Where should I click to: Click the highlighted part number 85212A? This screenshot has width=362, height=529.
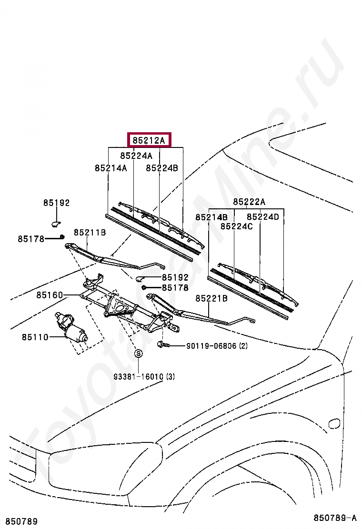pyautogui.click(x=149, y=140)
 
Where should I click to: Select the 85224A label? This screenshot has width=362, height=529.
pyautogui.click(x=136, y=156)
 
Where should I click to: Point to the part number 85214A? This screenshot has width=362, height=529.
pyautogui.click(x=111, y=168)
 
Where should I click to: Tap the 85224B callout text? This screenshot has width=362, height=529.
pyautogui.click(x=161, y=168)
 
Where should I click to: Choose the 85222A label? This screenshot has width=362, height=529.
pyautogui.click(x=249, y=202)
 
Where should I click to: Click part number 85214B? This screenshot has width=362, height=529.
pyautogui.click(x=211, y=217)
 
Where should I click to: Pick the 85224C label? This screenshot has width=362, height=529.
pyautogui.click(x=236, y=226)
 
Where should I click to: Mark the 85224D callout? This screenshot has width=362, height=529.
pyautogui.click(x=262, y=217)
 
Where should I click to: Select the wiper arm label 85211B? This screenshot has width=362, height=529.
pyautogui.click(x=90, y=233)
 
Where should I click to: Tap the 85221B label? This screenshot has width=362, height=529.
pyautogui.click(x=211, y=298)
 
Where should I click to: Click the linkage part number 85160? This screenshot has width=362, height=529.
pyautogui.click(x=49, y=295)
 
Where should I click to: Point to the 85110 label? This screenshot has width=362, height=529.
pyautogui.click(x=35, y=337)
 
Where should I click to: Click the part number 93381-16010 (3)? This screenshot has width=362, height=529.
pyautogui.click(x=144, y=377)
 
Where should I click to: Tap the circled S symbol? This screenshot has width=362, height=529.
pyautogui.click(x=138, y=353)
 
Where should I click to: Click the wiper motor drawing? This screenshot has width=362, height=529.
pyautogui.click(x=71, y=328)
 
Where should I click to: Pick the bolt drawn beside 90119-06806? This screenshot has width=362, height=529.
pyautogui.click(x=162, y=344)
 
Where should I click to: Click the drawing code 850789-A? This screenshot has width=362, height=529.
pyautogui.click(x=334, y=518)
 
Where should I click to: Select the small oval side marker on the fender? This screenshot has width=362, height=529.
pyautogui.click(x=334, y=423)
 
